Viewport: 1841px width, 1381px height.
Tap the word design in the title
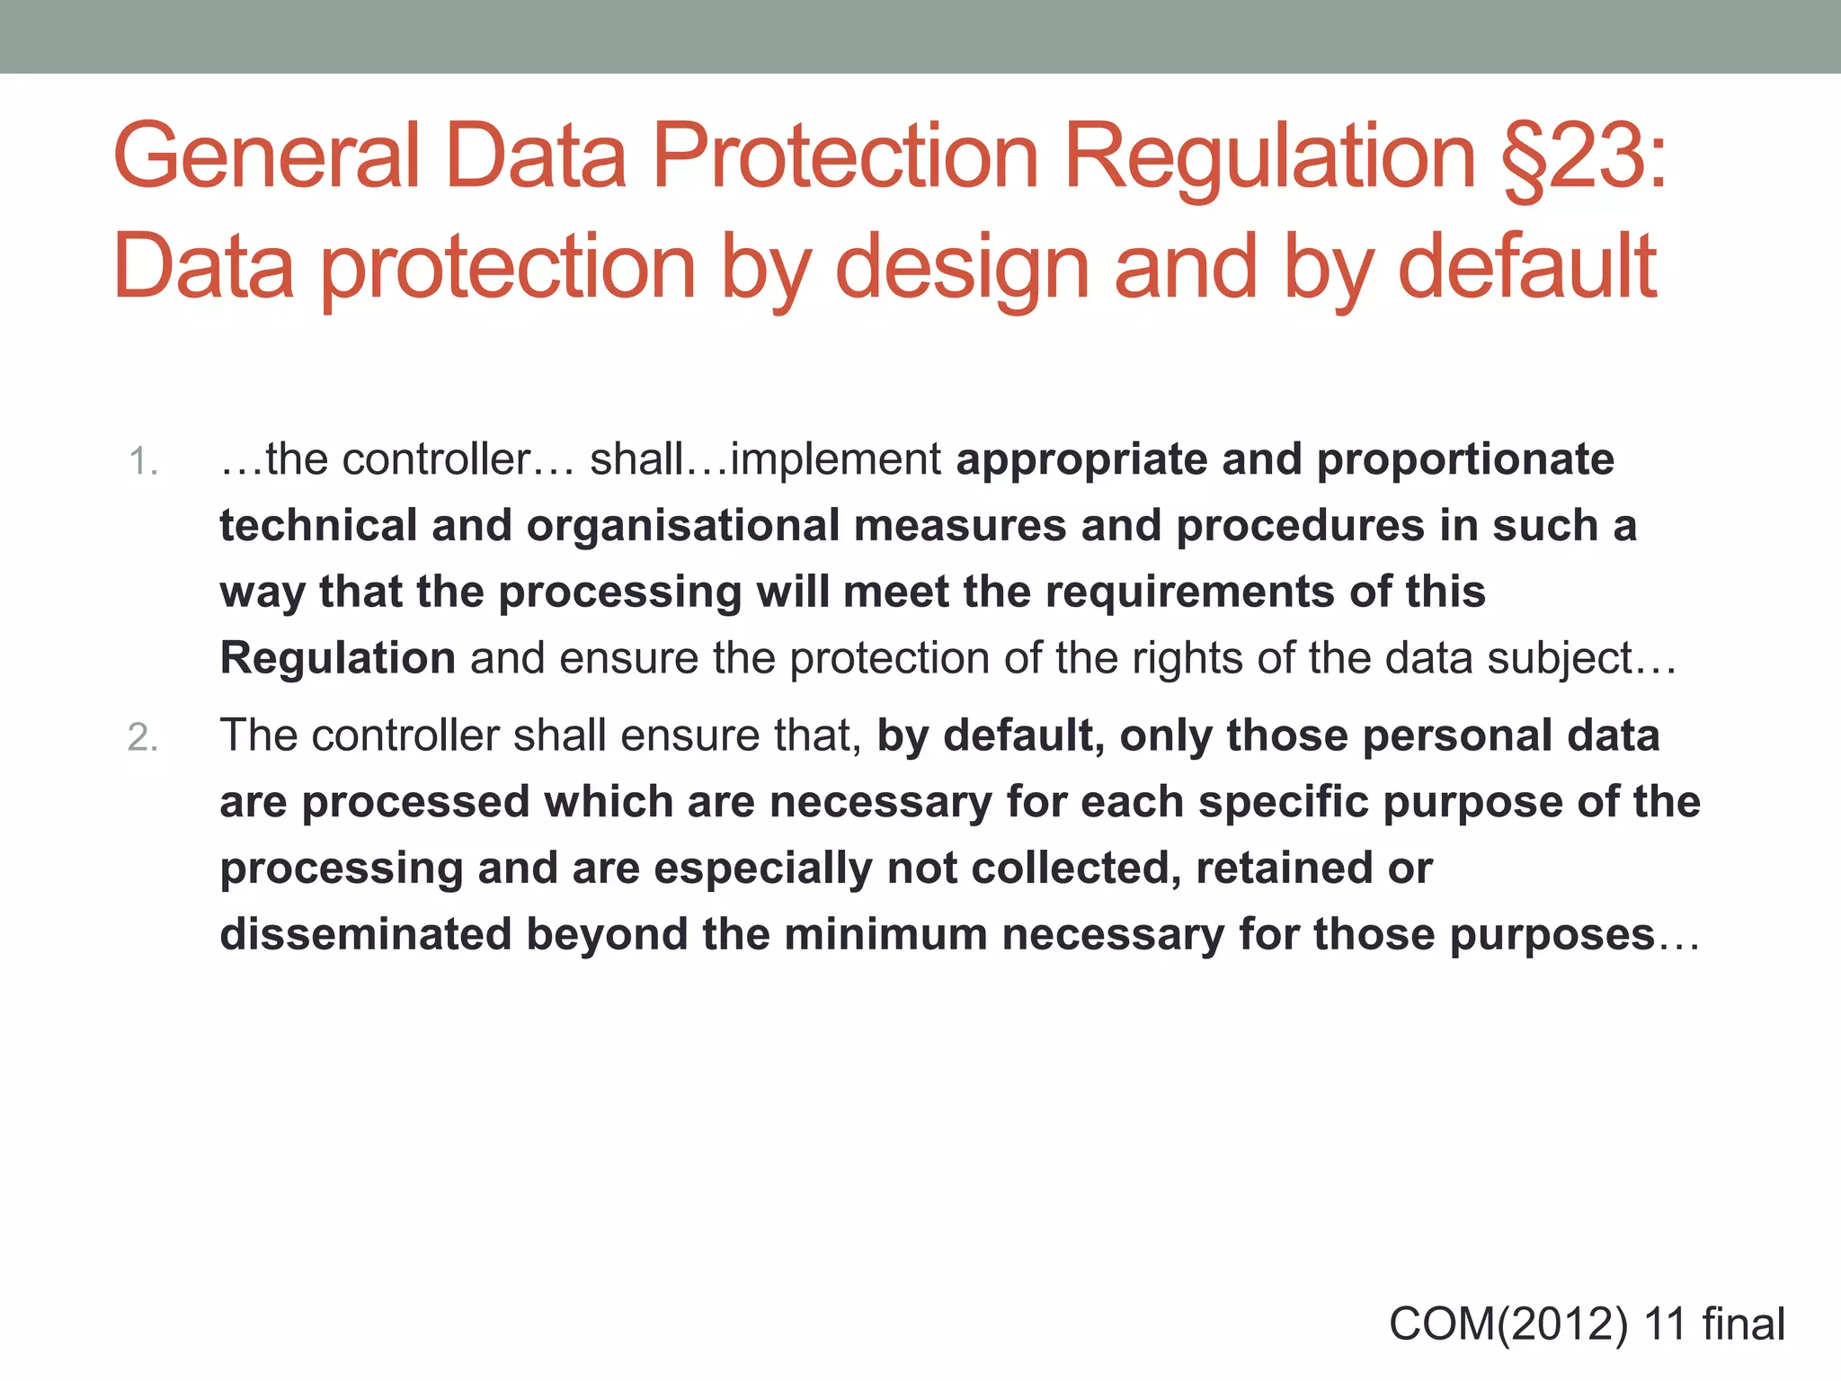[x=963, y=267]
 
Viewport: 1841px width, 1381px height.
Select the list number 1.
[x=142, y=462]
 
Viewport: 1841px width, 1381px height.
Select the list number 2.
[x=143, y=737]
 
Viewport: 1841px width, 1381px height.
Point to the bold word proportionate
[x=1465, y=460]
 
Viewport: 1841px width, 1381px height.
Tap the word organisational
[x=682, y=526]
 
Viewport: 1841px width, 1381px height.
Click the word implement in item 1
[x=835, y=460]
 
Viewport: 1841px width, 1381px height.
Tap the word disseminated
[x=365, y=934]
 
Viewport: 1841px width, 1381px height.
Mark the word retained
[x=1286, y=869]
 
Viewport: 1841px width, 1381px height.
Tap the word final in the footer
[x=1743, y=1324]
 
